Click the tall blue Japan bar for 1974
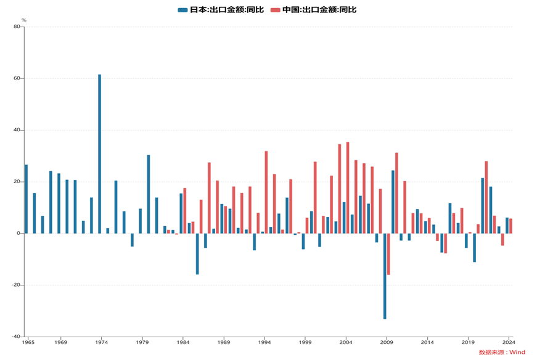[99, 154]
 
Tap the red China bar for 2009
[388, 254]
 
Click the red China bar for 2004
[348, 188]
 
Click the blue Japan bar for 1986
[197, 254]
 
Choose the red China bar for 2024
[510, 226]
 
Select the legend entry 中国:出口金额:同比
[314, 10]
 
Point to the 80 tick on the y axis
[16, 27]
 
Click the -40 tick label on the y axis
[15, 337]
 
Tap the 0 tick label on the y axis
[18, 234]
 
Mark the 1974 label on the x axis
[102, 342]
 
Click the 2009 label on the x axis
[387, 342]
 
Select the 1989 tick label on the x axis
[224, 342]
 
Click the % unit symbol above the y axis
[24, 20]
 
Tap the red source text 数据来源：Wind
[502, 353]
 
